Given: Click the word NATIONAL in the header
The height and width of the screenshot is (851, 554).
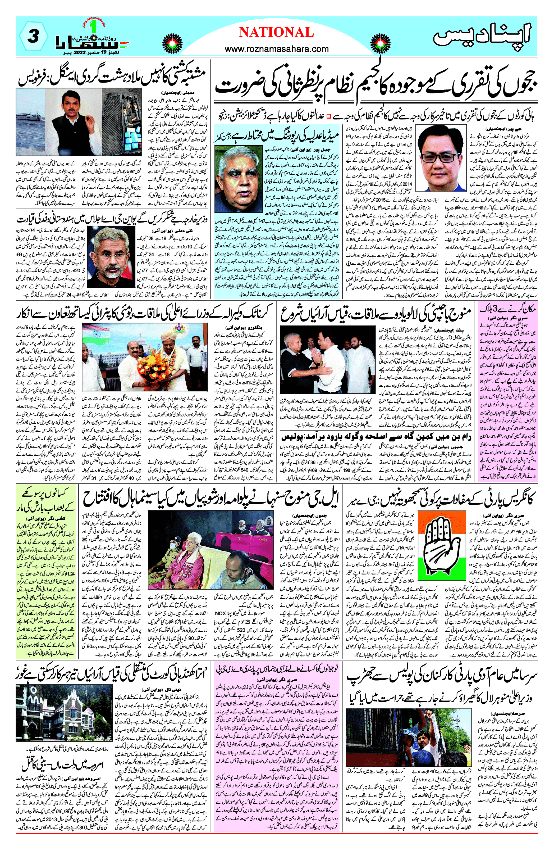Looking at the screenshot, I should point(276,33).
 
